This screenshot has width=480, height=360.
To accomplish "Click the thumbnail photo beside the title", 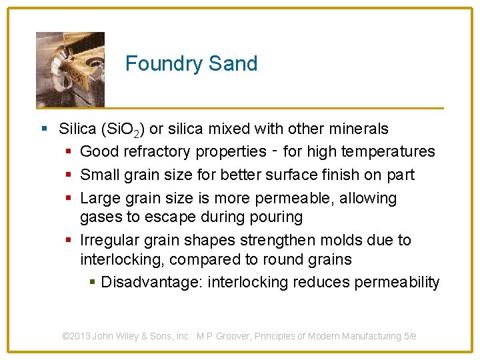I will click(70, 69).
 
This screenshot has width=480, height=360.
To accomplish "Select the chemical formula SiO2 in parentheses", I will click(123, 129).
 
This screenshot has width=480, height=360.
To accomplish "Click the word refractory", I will click(159, 152).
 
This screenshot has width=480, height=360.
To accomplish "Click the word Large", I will click(97, 199).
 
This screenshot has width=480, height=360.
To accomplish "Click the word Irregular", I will click(109, 240).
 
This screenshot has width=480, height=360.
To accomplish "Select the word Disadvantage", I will click(152, 283).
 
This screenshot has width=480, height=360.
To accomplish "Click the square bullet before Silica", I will click(44, 129).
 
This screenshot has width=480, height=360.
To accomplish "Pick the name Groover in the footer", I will click(255, 337).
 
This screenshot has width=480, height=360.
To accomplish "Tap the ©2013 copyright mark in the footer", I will click(76, 337).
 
